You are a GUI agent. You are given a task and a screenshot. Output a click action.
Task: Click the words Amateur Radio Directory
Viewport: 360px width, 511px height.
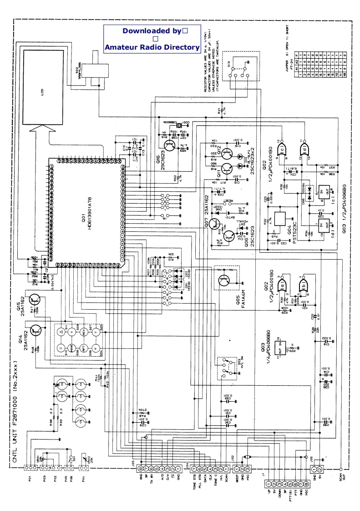point(152,47)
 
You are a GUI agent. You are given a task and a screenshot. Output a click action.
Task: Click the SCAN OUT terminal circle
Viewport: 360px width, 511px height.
point(341,469)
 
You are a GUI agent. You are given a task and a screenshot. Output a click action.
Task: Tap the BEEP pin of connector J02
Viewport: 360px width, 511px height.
point(237,469)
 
